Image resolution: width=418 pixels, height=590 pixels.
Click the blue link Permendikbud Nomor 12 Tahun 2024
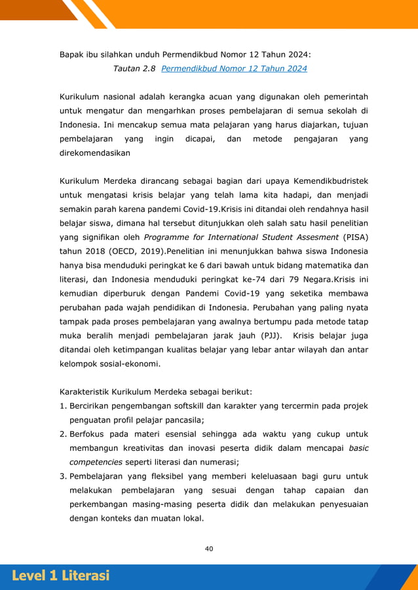click(234, 68)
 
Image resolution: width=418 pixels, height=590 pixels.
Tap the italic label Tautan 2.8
click(134, 68)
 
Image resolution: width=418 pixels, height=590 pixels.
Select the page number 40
click(209, 549)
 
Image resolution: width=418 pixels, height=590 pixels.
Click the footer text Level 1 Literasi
click(60, 576)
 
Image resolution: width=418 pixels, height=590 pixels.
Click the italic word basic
click(358, 448)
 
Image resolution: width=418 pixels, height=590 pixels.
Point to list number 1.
click(62, 406)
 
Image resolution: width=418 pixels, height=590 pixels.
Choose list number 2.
click(63, 434)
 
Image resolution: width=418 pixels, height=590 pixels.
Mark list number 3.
click(63, 476)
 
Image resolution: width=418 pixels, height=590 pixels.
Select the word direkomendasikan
click(94, 153)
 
